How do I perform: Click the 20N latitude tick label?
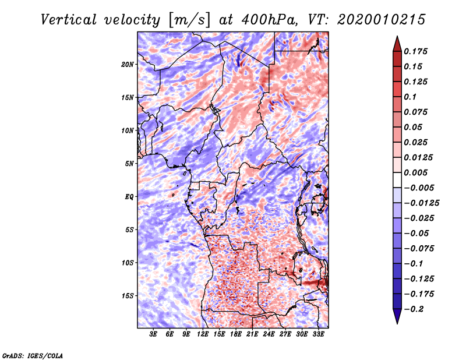(x=128, y=64)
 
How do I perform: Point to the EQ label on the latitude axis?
(x=129, y=197)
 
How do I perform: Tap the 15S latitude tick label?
(x=128, y=296)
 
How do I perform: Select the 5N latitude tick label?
(x=129, y=164)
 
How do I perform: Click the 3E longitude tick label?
(x=154, y=334)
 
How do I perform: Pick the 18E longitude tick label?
(x=236, y=334)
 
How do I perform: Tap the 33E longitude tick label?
(x=319, y=334)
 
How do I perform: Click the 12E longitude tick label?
(x=203, y=334)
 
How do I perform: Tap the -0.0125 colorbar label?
(x=423, y=203)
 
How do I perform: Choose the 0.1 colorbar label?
(x=411, y=97)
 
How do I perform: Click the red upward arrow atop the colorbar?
(x=396, y=43)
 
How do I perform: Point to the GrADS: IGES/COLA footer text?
(x=33, y=355)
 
